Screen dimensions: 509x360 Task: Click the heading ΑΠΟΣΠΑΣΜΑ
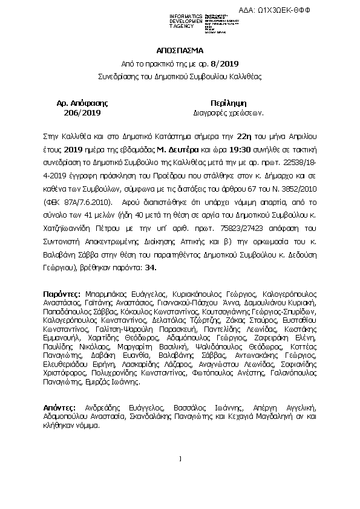[180, 50]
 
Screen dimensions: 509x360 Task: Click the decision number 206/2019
[77, 113]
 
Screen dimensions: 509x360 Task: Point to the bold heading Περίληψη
[228, 103]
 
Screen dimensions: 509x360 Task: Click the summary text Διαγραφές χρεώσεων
[229, 113]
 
